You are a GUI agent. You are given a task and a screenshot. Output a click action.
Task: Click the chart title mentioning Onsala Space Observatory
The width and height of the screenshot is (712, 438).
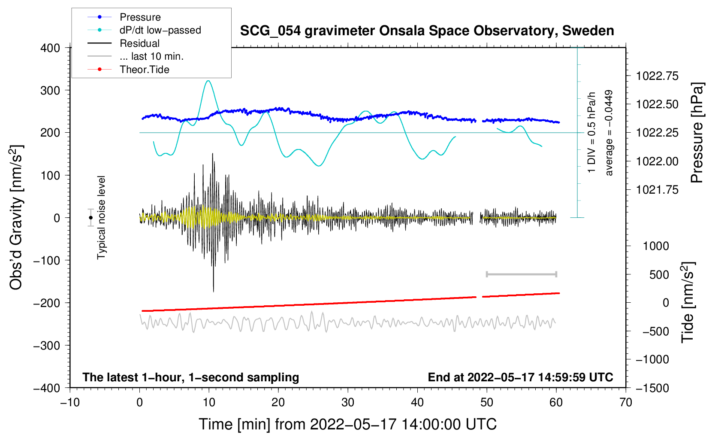point(427,31)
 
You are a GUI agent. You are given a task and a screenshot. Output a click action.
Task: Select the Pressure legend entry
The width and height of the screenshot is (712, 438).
point(124,17)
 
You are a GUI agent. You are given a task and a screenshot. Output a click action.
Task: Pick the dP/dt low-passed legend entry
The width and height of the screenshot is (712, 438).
point(144,30)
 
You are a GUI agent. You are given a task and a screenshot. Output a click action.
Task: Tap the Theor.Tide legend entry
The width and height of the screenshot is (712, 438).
point(128,70)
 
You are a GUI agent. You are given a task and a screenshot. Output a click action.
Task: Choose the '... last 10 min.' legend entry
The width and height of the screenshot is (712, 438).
point(136,56)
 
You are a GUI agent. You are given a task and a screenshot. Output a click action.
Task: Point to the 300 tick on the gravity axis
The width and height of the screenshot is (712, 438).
point(50,91)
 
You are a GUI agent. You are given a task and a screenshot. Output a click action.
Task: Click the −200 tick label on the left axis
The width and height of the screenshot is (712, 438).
point(47,303)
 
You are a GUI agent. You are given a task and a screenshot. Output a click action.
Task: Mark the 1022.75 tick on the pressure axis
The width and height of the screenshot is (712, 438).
point(657,76)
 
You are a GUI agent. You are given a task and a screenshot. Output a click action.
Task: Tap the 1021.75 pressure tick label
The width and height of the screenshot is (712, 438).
point(657,190)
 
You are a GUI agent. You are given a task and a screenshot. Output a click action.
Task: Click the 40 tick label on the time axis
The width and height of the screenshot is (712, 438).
point(417,402)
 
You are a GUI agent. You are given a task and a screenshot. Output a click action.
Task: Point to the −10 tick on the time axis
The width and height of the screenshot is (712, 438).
point(70,402)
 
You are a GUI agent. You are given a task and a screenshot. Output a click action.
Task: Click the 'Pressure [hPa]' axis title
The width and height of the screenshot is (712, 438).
point(697,133)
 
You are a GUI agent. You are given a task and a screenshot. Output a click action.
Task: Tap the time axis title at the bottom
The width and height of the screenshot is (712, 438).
point(348,424)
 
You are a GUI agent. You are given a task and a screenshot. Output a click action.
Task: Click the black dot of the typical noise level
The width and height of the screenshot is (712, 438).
point(91,218)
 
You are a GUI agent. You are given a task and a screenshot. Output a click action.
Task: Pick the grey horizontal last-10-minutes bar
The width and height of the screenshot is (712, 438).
point(521,274)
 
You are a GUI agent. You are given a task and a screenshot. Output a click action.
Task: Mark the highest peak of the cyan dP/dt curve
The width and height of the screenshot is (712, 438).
point(208,81)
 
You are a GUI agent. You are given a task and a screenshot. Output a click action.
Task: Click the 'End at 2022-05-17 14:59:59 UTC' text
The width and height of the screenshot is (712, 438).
point(520,377)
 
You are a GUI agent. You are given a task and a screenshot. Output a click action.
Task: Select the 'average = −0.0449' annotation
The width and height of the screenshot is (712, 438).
point(608,133)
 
